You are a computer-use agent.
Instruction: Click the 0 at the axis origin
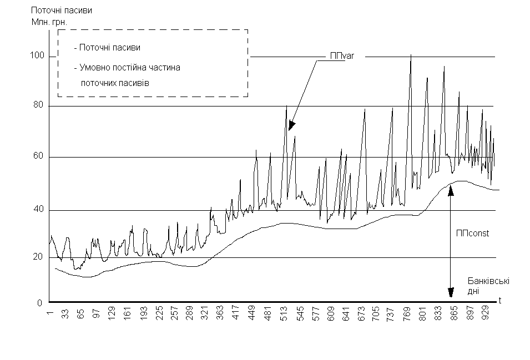click(40, 303)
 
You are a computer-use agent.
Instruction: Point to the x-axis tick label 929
click(487, 316)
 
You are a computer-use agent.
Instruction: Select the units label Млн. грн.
click(53, 22)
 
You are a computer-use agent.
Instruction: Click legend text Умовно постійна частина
click(130, 67)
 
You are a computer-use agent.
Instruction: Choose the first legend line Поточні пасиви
click(109, 48)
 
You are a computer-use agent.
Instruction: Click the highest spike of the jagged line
click(411, 55)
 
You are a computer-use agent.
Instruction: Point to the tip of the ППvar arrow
click(290, 130)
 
